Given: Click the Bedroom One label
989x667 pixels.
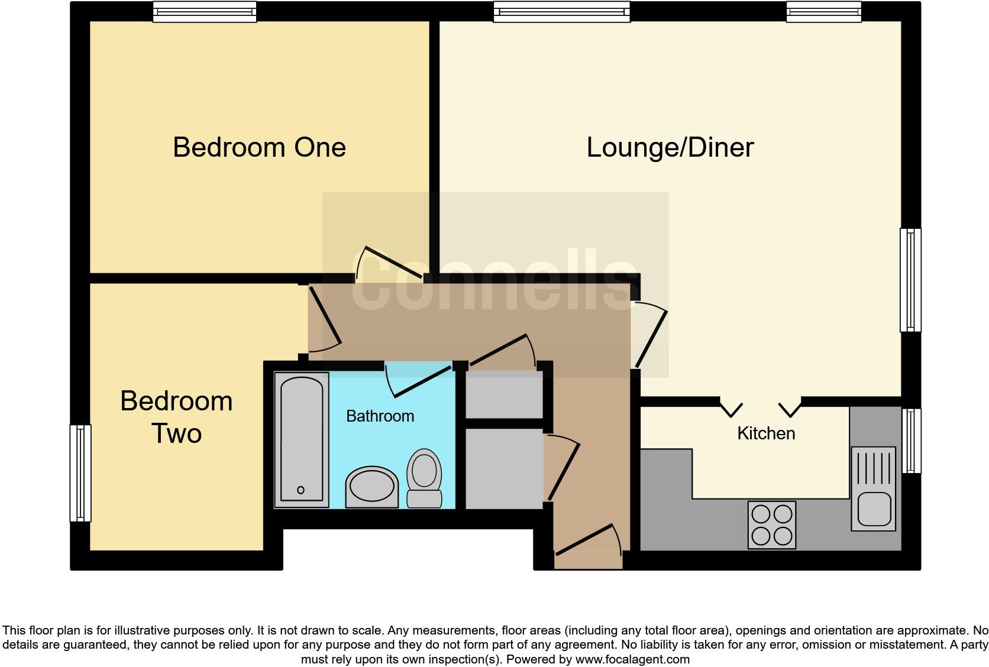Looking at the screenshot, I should [x=259, y=147].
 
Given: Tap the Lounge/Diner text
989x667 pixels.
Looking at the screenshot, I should [x=670, y=147].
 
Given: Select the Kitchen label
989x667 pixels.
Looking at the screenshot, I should [x=765, y=433].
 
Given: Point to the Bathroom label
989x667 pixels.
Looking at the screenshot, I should [x=380, y=416].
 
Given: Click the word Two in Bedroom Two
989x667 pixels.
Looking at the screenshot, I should [x=176, y=433].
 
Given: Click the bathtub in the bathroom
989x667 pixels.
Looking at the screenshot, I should [x=302, y=439].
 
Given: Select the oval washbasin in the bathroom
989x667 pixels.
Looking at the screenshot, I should [x=372, y=488].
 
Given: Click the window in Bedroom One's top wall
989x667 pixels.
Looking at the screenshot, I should [x=205, y=11].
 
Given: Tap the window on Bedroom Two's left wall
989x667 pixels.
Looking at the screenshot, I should [x=80, y=473].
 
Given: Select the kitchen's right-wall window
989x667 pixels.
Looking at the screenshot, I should [x=912, y=441].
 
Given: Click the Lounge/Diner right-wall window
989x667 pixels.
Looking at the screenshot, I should [x=910, y=280].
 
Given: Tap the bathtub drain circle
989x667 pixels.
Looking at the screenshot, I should [x=300, y=490].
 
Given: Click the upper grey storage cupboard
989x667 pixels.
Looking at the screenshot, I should [x=504, y=394].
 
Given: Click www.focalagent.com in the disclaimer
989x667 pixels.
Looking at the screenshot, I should [x=632, y=659].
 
